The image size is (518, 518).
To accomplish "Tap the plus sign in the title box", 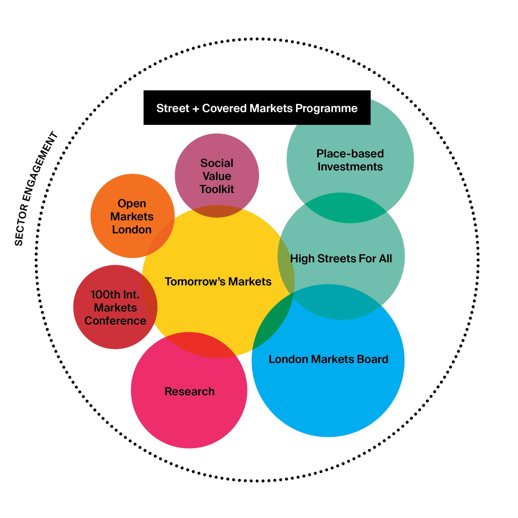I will [196, 109].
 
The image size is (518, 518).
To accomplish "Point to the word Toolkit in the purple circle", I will [217, 189].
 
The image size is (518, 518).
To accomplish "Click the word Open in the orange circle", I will [132, 204].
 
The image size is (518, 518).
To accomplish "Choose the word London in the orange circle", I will [132, 229].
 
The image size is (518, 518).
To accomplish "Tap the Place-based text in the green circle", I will [350, 154].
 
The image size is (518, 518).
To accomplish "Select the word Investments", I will [350, 167].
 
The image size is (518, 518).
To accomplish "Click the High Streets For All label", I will [341, 259].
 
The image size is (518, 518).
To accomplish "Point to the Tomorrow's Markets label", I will [218, 282].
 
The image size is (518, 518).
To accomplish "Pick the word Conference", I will [115, 321].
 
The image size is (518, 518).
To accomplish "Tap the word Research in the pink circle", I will [190, 391].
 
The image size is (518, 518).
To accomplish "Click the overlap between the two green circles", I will [346, 208].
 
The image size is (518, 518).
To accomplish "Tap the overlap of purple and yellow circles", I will [217, 212].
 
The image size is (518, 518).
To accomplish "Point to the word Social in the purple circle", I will [217, 163].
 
